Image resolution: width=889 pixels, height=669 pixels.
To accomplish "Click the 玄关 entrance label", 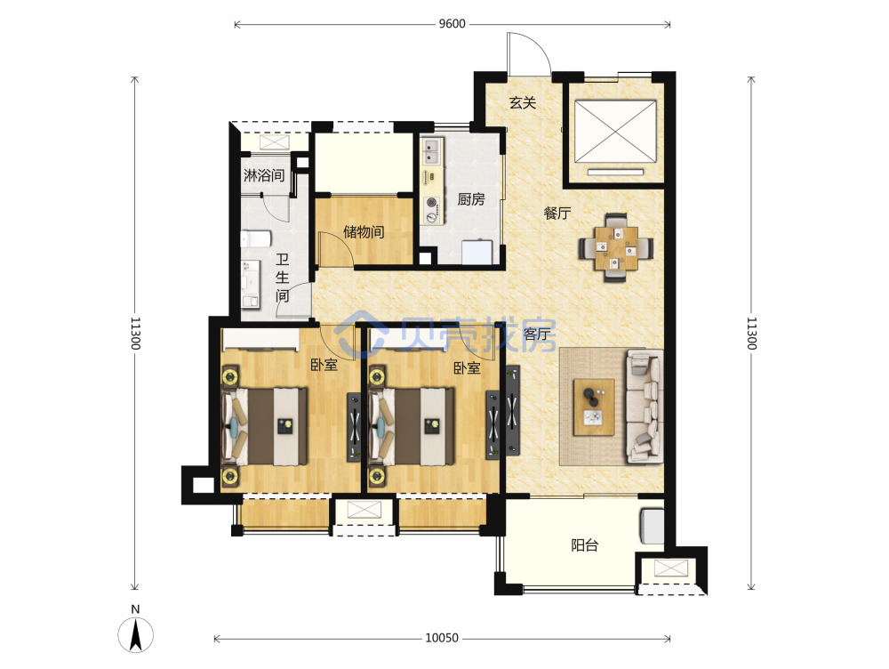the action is point(522,102).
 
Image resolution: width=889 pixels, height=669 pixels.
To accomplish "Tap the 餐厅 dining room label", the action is point(557,213).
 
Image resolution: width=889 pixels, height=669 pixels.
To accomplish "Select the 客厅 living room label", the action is point(536,334).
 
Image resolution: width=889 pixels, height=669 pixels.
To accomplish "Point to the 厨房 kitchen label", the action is point(471,199).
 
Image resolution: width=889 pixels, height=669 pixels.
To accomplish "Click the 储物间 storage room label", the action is point(364,231).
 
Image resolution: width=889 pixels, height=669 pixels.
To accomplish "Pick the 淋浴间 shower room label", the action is point(264,175).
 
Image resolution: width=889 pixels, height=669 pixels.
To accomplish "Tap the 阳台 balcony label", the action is point(585,546).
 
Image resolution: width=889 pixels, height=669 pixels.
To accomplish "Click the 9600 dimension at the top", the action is point(452,24).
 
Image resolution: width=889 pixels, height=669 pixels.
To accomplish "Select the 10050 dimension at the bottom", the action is point(442,638).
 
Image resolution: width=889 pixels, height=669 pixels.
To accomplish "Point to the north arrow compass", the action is point(135,630).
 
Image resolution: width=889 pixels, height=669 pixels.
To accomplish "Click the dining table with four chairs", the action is point(616,248).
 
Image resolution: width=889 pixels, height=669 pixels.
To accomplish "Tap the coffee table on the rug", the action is point(594,407).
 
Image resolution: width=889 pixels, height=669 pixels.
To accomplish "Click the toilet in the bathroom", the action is point(256,239).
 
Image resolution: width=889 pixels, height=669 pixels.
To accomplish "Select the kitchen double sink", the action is point(432,150).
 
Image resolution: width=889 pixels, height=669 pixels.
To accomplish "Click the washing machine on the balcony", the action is point(652,527).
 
